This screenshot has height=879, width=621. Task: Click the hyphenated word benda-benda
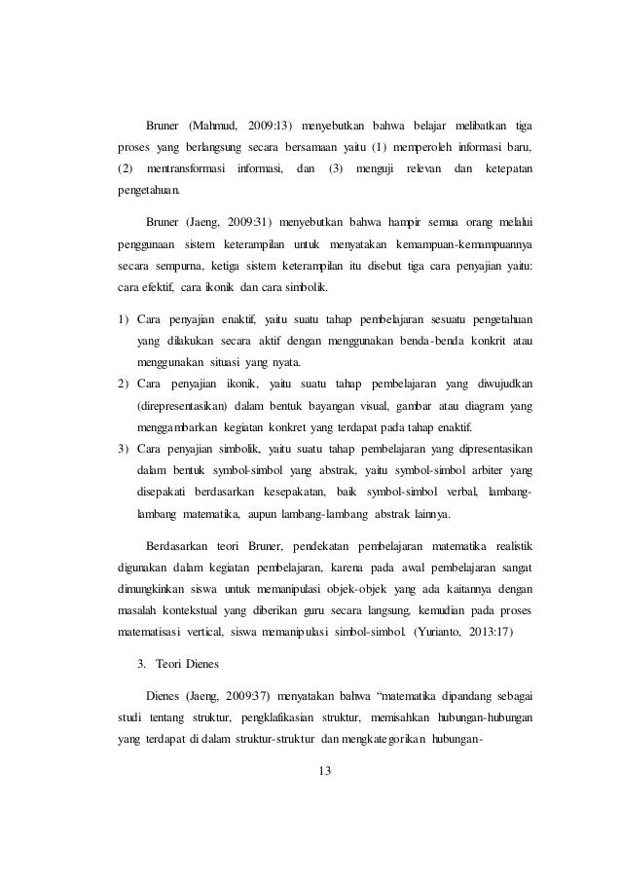(419, 342)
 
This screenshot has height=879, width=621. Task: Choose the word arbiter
(473, 470)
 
